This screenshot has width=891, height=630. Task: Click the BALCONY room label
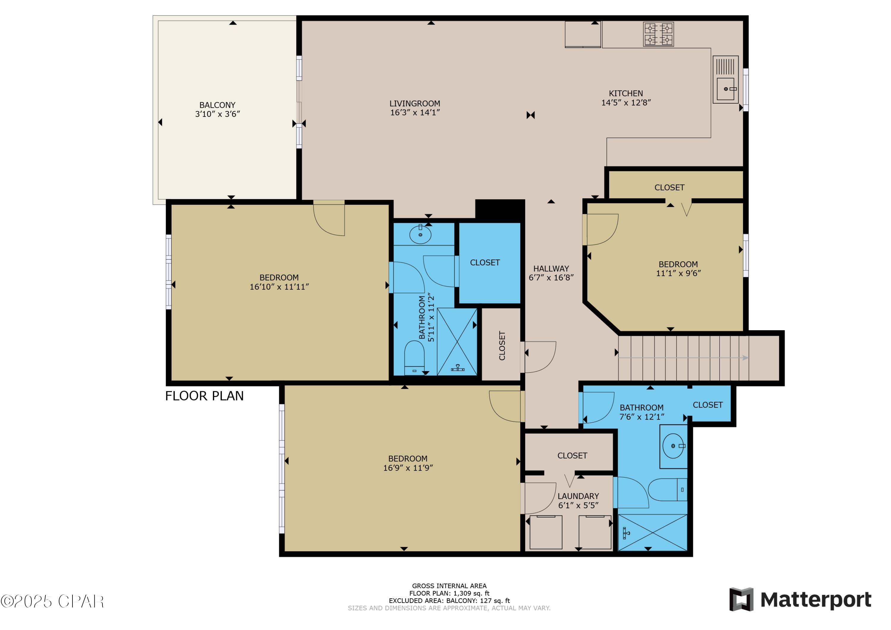click(217, 105)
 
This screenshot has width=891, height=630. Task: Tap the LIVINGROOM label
click(415, 104)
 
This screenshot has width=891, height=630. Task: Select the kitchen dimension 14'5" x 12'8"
click(626, 103)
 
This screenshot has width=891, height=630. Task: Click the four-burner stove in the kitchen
click(658, 34)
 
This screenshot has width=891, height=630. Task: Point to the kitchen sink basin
click(725, 89)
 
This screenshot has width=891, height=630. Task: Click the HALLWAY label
click(551, 268)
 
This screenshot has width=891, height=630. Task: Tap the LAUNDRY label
click(578, 496)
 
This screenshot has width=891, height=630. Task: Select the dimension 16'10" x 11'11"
click(279, 287)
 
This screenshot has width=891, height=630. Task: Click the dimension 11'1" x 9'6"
click(678, 273)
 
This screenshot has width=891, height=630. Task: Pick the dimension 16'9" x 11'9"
click(408, 468)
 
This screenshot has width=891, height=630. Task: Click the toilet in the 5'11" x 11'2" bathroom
click(414, 358)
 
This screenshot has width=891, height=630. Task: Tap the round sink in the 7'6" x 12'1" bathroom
click(673, 446)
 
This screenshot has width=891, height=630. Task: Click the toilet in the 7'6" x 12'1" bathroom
click(667, 490)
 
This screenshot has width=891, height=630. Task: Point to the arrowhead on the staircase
click(745, 358)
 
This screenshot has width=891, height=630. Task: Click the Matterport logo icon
click(741, 599)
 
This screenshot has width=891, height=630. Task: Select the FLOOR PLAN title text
click(205, 396)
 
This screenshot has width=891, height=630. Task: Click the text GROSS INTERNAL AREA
click(449, 586)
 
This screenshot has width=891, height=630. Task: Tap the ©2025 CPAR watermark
click(52, 601)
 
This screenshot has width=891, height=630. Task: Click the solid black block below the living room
click(500, 211)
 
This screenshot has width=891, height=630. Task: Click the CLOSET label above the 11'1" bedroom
click(669, 188)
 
